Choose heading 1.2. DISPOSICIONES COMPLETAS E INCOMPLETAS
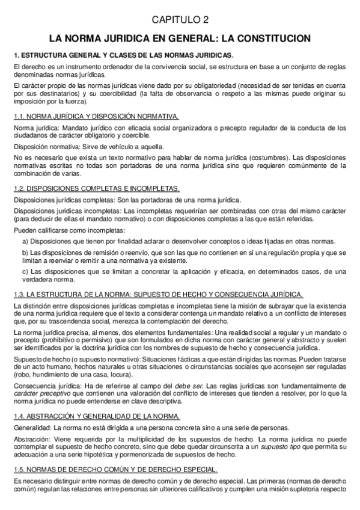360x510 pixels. tap(96, 188)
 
